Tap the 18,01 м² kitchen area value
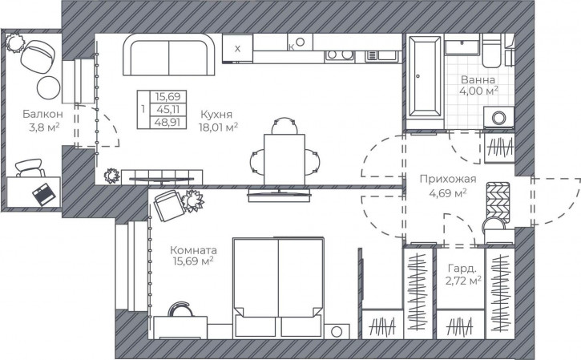pos(218,127)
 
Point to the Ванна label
pos(478,80)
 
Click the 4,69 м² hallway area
pos(448,192)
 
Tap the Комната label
pos(192,248)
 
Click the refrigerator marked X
pos(237,48)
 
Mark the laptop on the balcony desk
pos(45,192)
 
